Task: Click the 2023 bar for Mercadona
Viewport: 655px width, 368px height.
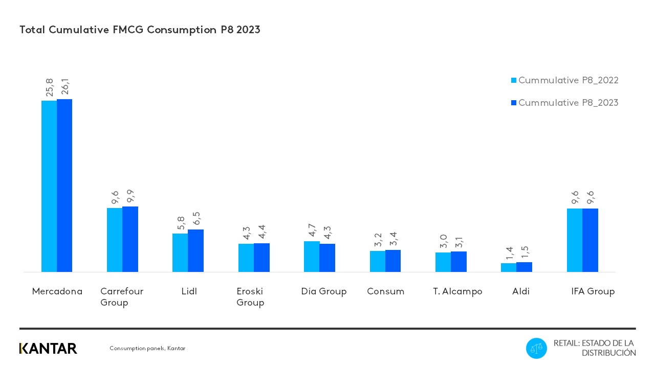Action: pos(64,186)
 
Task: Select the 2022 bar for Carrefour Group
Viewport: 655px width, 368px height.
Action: pos(115,240)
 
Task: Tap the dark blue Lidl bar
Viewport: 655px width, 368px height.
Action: pos(195,250)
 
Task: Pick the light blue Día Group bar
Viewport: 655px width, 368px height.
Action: pos(312,257)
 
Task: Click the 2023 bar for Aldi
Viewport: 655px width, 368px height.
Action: pos(524,267)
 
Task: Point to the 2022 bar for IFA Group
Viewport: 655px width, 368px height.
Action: pos(575,240)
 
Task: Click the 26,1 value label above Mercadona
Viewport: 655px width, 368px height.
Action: pos(65,87)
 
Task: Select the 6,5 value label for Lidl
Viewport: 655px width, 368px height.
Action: pos(196,218)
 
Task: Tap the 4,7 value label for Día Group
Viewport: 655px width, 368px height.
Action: pos(312,230)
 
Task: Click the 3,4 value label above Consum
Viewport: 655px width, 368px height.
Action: pos(393,239)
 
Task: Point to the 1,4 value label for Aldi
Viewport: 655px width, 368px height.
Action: pos(509,252)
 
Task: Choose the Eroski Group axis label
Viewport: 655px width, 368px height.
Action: pos(250,297)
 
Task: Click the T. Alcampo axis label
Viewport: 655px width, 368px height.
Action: pos(457,291)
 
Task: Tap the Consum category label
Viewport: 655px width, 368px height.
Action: pos(385,291)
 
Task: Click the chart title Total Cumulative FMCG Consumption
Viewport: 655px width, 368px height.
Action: pos(140,30)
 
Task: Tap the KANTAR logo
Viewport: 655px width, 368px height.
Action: pos(48,349)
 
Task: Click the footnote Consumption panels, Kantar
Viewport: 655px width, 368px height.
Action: pos(147,349)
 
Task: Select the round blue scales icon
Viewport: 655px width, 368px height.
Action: pos(536,349)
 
